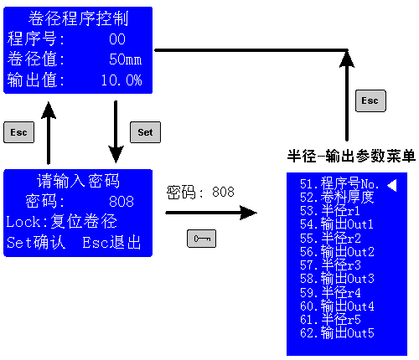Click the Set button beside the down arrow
(145, 132)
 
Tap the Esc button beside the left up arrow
(18, 132)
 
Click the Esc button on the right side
(370, 100)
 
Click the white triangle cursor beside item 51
(392, 185)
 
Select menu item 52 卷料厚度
(337, 198)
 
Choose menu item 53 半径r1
(330, 211)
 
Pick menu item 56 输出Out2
(337, 252)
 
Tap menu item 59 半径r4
(330, 293)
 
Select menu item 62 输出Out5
(337, 333)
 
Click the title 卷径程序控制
(78, 18)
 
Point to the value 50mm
(126, 59)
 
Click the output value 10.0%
(122, 80)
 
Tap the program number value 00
(117, 39)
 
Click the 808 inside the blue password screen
(122, 201)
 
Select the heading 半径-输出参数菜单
(351, 156)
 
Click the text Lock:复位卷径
(62, 222)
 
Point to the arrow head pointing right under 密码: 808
(248, 213)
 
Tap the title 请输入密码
(78, 181)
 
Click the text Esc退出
(111, 242)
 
